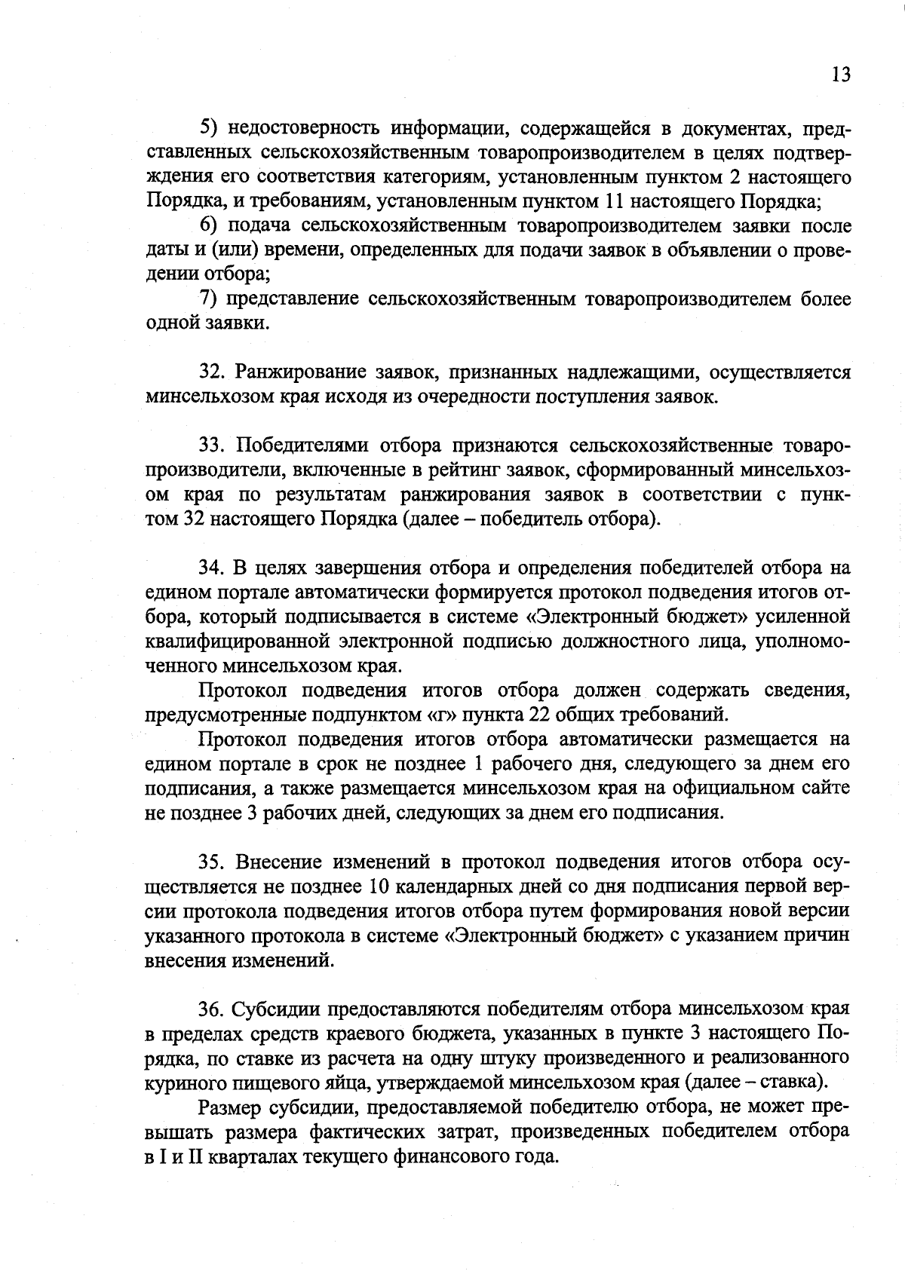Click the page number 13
pos(841,75)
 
